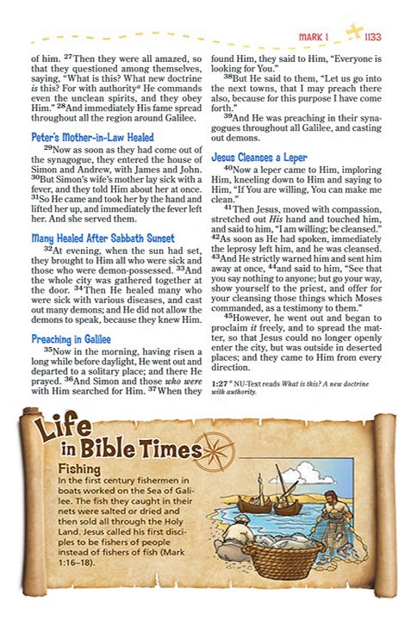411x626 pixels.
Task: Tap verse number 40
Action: [228, 169]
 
